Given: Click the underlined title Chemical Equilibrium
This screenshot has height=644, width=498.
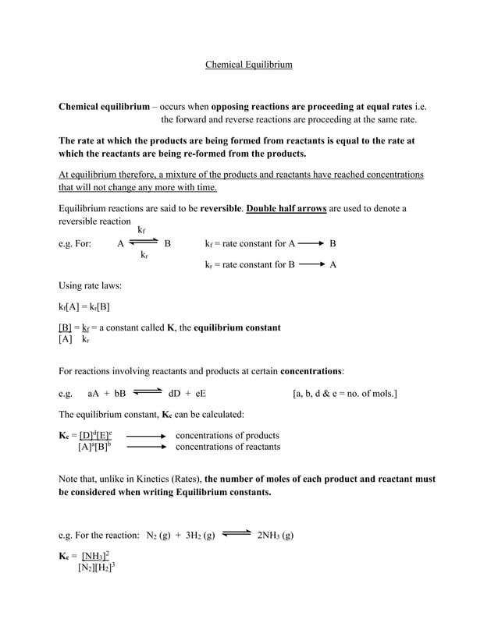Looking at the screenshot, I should [x=248, y=65].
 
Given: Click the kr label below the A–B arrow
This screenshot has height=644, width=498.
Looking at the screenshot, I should [x=144, y=255].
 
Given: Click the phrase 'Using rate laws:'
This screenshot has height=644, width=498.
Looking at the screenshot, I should [x=91, y=285].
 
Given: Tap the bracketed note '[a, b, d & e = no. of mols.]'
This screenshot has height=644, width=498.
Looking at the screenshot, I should [x=345, y=394].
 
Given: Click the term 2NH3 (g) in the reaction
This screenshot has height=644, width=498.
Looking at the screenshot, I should [x=275, y=536].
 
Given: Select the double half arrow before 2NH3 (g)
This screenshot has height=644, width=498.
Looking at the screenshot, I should [x=235, y=535].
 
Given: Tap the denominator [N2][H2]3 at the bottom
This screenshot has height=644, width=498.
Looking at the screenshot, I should [x=97, y=568].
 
